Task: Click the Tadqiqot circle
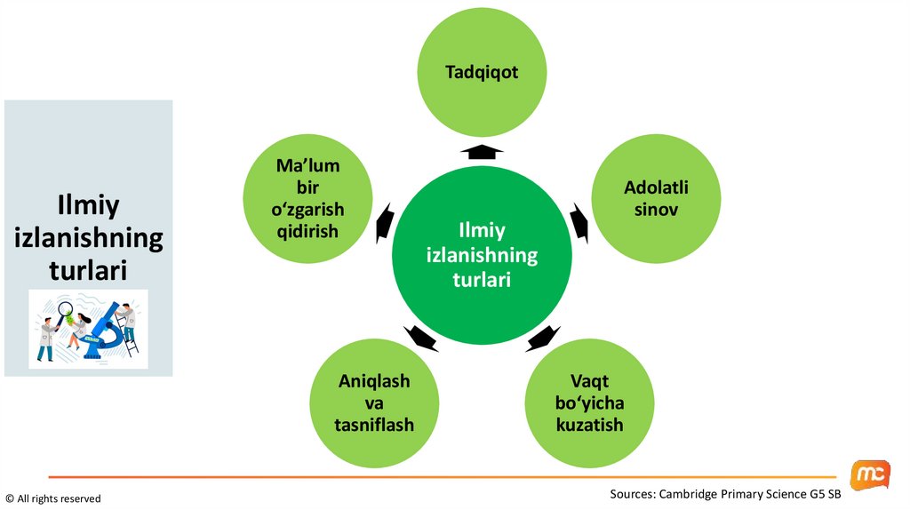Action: click(x=482, y=74)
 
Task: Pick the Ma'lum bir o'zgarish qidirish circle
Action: click(x=307, y=199)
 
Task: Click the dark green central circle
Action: click(x=482, y=256)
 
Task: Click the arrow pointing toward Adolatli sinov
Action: click(x=579, y=222)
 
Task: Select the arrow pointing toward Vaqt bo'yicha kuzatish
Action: click(x=541, y=338)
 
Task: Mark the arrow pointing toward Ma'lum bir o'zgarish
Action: click(x=383, y=222)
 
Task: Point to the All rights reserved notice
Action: click(x=53, y=498)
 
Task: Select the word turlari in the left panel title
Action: click(x=88, y=269)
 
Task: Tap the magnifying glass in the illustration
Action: click(x=64, y=312)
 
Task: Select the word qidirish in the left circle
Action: click(x=308, y=230)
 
